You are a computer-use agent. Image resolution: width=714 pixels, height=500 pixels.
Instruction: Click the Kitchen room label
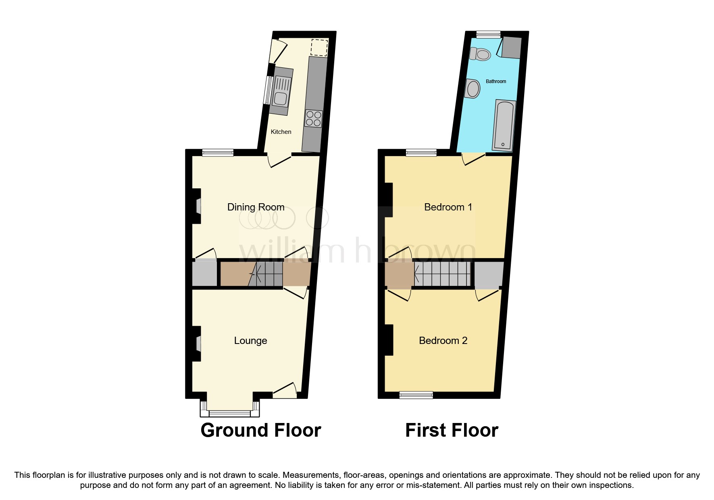281,132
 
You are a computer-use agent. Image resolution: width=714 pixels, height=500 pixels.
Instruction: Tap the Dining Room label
256,207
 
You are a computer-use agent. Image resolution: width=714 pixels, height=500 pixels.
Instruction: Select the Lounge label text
250,341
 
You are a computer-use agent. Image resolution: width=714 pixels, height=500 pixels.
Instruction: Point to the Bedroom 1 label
448,207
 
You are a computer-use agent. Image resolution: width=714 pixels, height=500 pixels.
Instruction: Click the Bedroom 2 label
443,341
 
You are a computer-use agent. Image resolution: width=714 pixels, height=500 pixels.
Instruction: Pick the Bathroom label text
496,81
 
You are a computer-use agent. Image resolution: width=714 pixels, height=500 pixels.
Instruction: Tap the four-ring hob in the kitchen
314,119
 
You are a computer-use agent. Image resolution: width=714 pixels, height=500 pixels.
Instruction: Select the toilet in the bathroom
481,54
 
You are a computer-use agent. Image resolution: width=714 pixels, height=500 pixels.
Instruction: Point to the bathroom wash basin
473,88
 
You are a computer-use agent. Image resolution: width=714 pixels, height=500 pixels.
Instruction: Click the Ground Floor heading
261,430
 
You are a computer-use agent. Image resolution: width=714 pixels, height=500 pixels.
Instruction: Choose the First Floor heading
452,430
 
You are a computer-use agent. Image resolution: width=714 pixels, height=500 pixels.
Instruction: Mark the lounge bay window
229,412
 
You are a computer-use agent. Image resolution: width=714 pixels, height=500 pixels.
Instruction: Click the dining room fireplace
198,206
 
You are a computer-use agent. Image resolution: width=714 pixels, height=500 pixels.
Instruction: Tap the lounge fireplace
198,344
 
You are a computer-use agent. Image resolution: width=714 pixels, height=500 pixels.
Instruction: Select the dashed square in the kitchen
319,48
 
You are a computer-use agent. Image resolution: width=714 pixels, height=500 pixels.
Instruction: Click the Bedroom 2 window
416,395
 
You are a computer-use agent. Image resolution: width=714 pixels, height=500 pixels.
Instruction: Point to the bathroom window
488,35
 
